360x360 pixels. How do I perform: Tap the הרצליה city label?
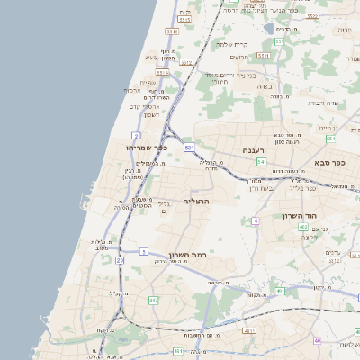point(195,201)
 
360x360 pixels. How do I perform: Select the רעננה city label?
point(252,150)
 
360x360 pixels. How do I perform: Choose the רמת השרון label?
point(187,256)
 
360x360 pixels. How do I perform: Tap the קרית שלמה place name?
point(232,44)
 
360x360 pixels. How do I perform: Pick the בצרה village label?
point(265,87)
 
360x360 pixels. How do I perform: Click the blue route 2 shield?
point(135,135)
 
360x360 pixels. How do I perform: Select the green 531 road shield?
point(189,146)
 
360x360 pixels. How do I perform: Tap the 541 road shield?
point(262,161)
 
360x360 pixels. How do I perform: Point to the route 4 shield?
point(256,220)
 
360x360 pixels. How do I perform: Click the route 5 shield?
point(143,251)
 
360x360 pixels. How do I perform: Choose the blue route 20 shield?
point(120,260)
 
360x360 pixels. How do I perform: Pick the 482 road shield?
point(153,300)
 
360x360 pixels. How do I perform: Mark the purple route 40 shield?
point(317,340)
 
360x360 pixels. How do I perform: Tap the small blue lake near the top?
point(268,29)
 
